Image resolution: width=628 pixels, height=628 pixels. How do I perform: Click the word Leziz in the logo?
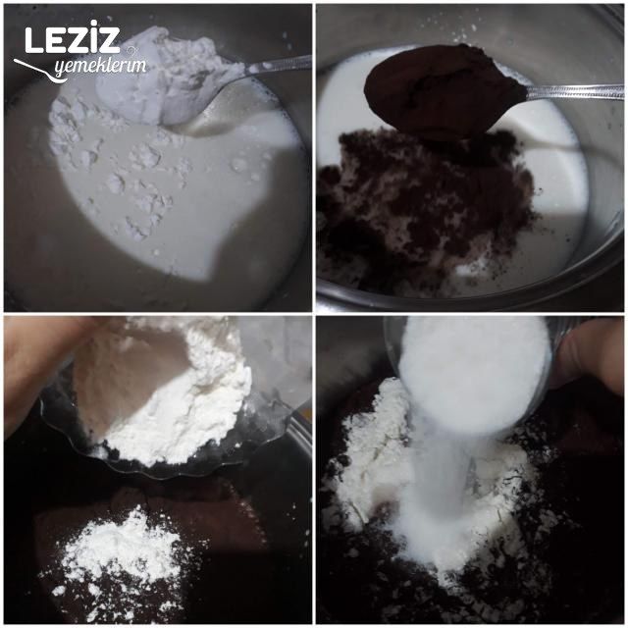tap(72, 41)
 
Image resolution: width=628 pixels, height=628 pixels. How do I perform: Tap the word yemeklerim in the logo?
tap(98, 67)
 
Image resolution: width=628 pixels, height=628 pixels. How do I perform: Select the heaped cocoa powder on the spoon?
tap(442, 88)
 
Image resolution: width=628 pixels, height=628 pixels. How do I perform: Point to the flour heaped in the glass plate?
tap(177, 392)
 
